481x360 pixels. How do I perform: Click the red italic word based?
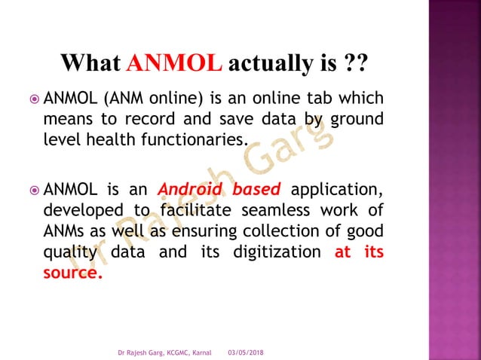(x=255, y=188)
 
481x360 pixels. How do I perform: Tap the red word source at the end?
(x=72, y=273)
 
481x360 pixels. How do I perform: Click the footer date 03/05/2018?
(x=246, y=352)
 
